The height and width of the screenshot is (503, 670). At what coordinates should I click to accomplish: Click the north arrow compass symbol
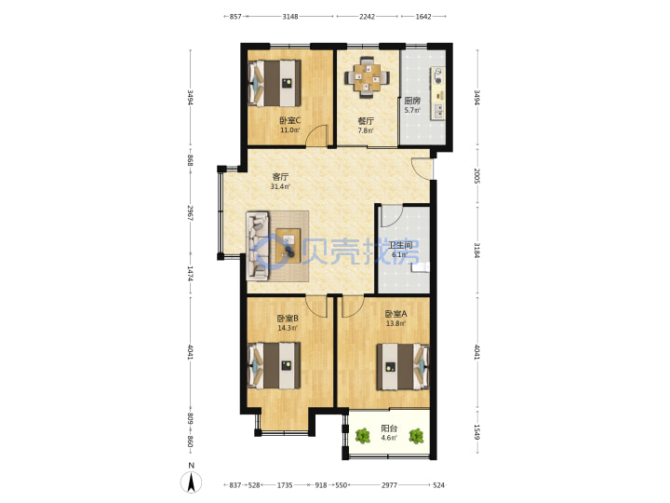pos(192,483)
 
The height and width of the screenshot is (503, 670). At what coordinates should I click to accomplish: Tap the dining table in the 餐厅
pos(367,77)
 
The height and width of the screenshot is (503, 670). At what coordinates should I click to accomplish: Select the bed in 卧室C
pos(275,83)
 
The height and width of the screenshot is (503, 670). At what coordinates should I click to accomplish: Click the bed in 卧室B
pos(275,366)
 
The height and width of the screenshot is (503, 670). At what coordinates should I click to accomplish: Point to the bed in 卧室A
pos(403,367)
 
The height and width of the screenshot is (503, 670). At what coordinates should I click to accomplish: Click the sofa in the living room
pos(258,246)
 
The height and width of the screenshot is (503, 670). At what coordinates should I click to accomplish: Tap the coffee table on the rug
pos(288,243)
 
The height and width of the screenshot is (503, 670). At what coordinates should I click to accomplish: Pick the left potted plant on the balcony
pos(363,436)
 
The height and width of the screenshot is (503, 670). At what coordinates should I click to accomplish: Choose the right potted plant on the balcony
pos(416,436)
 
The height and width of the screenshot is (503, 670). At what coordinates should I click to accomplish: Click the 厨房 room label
pos(412,101)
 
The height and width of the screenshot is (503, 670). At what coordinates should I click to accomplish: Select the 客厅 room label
pos(280,177)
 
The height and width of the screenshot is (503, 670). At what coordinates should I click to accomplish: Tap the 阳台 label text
pos(389,428)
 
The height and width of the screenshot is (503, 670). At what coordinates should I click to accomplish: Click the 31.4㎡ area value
pos(280,187)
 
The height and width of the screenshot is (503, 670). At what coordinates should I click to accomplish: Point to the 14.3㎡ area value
pos(288,328)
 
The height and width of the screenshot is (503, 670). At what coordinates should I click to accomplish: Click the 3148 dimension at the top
pos(290,16)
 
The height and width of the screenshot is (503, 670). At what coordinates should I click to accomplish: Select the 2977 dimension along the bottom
pos(389,485)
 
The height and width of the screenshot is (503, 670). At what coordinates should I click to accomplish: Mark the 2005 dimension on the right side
pos(477,176)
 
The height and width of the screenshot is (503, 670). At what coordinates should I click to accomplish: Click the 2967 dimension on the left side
pos(191,212)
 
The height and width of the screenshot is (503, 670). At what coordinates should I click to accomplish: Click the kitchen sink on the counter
pos(439,111)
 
